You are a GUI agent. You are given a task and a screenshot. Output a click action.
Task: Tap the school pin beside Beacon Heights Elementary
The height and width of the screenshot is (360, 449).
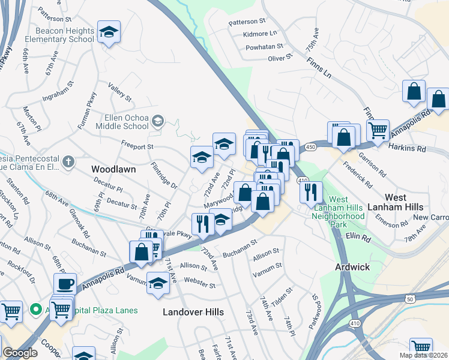click(x=109, y=32)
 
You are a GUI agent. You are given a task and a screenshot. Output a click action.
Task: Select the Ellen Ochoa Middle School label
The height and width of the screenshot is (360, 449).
click(x=118, y=122)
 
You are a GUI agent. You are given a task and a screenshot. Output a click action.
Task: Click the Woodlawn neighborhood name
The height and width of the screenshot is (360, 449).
click(x=113, y=170)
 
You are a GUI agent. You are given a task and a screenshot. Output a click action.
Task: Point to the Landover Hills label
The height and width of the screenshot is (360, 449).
click(x=194, y=312)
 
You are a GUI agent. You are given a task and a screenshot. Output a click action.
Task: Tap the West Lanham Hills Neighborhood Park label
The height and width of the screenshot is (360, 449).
click(x=338, y=211)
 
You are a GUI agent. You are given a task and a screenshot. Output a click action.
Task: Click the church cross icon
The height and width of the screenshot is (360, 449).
click(x=69, y=162)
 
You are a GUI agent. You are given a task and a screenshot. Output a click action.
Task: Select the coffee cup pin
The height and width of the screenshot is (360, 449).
click(x=65, y=284)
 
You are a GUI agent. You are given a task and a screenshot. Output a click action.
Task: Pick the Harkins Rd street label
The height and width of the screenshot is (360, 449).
click(x=406, y=146)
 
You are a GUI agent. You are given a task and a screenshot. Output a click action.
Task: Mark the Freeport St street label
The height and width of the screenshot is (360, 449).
click(x=137, y=146)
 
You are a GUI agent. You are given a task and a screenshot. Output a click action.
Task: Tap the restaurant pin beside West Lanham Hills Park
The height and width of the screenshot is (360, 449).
click(x=310, y=192)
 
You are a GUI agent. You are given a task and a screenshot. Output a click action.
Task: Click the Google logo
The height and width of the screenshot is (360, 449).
click(x=20, y=353)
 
